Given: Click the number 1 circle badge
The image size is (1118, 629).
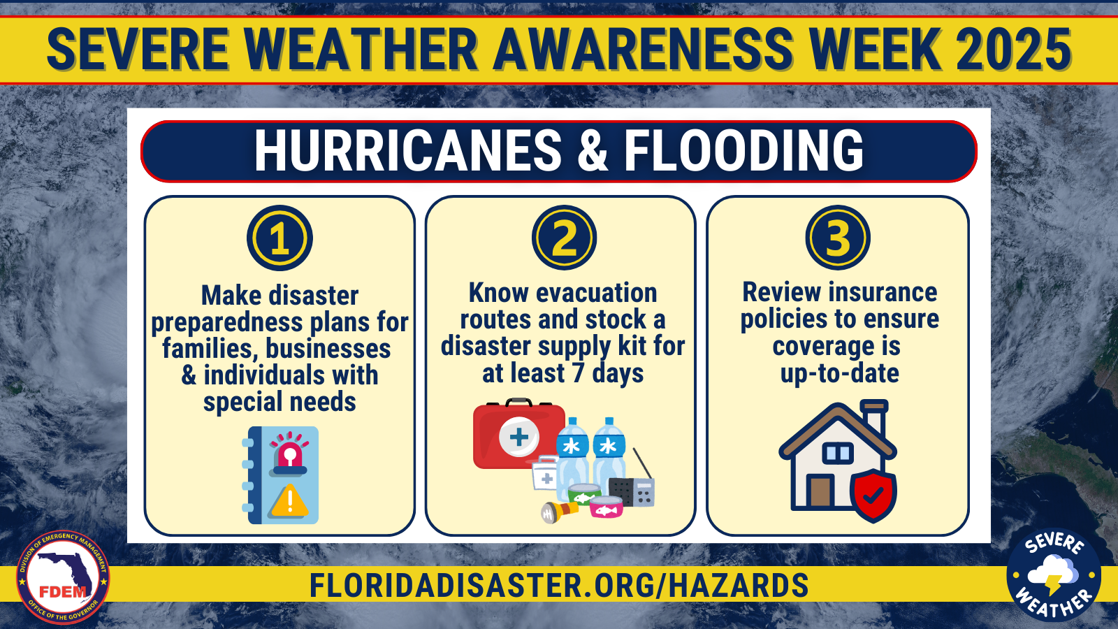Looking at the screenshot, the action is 279,238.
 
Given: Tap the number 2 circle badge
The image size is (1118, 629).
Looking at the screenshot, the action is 564,238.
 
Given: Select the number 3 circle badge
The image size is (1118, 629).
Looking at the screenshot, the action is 838,238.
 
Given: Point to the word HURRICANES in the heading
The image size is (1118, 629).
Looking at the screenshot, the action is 408,150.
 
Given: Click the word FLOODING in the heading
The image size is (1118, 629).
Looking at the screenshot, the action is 743,150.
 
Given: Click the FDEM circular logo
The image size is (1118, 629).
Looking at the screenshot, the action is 63,577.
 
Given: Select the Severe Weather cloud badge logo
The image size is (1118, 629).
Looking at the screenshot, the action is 1054,574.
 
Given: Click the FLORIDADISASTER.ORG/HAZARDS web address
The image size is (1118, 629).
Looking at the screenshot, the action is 559,585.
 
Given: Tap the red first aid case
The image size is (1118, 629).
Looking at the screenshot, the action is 519,433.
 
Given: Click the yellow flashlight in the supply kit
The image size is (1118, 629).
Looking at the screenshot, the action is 560,511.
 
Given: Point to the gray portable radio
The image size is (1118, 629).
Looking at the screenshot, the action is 632,485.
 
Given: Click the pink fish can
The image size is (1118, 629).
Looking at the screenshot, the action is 607,507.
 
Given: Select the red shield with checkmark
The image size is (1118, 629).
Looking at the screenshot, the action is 873,495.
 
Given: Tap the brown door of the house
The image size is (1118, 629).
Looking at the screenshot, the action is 820,492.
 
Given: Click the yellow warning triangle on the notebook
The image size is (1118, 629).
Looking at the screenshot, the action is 290,500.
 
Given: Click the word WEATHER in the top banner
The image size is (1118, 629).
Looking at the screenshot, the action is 362,49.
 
